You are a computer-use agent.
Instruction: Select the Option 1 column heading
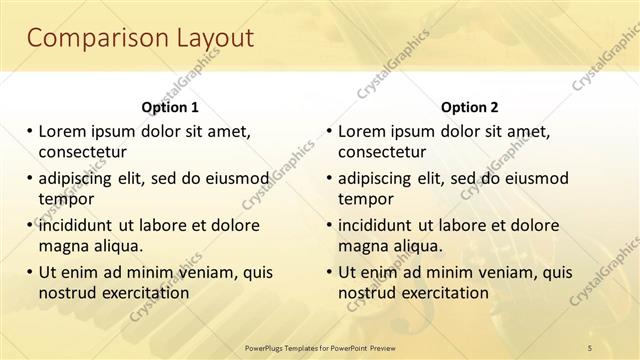coord(170,107)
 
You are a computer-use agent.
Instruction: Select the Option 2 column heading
coord(470,107)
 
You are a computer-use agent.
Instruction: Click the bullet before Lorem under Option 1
coord(29,131)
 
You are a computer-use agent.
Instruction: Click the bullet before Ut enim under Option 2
coord(329,271)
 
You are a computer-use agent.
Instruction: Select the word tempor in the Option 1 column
coord(65,199)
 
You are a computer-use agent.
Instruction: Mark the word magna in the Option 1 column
coord(63,245)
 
